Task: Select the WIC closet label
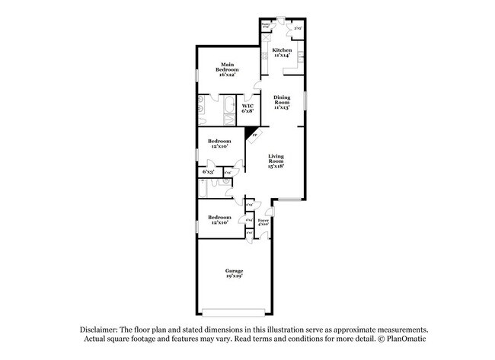click(247, 106)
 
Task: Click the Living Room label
click(275, 161)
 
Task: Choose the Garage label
click(233, 271)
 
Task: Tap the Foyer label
click(263, 221)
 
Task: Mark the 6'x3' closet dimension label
click(208, 172)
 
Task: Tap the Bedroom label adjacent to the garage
click(220, 220)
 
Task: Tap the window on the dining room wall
click(306, 100)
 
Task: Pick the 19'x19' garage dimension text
click(233, 276)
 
